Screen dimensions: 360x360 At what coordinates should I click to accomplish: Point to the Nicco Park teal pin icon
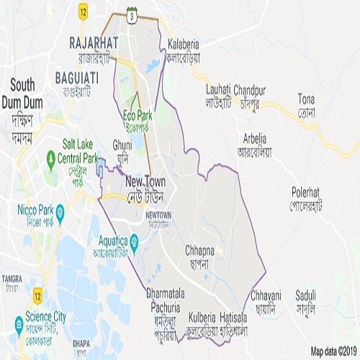click(60, 212)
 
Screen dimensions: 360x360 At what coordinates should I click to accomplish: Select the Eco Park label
click(138, 115)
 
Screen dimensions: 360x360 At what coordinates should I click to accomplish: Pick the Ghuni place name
click(122, 145)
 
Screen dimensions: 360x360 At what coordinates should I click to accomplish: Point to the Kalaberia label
click(183, 43)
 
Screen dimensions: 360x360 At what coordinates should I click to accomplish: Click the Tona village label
click(307, 98)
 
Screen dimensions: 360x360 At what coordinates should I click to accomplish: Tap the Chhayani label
click(266, 295)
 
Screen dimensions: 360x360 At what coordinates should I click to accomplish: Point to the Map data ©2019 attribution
click(334, 351)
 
